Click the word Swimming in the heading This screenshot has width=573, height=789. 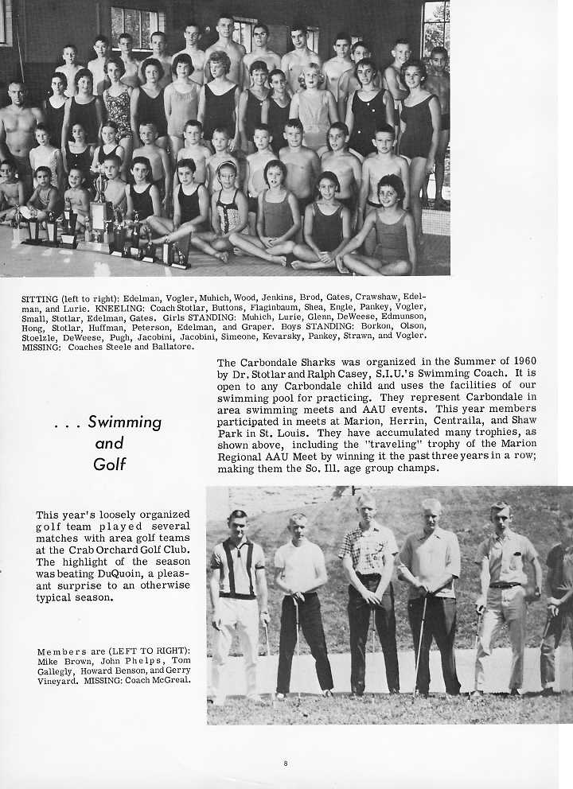(124, 422)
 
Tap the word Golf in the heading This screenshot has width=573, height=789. (110, 464)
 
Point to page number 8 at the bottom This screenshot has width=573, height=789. (285, 764)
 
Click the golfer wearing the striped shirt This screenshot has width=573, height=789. (237, 589)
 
